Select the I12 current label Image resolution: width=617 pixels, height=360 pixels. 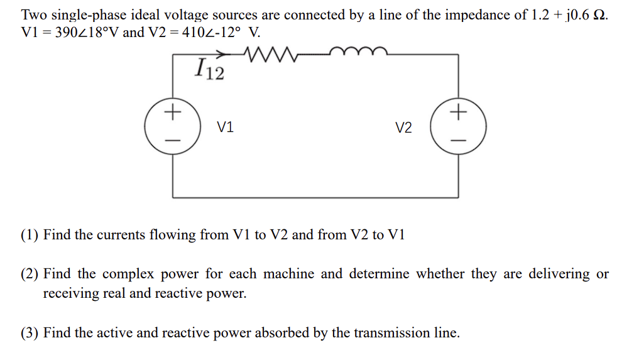[x=209, y=69]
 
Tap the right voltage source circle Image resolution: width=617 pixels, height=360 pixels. [x=458, y=126]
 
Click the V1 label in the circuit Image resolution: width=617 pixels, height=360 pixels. [x=225, y=128]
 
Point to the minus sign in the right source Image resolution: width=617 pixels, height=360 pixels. [x=459, y=139]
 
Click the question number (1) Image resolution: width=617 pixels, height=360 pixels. [x=30, y=235]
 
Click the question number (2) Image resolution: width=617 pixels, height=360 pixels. [x=30, y=274]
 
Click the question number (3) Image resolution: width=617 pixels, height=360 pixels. [x=30, y=333]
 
